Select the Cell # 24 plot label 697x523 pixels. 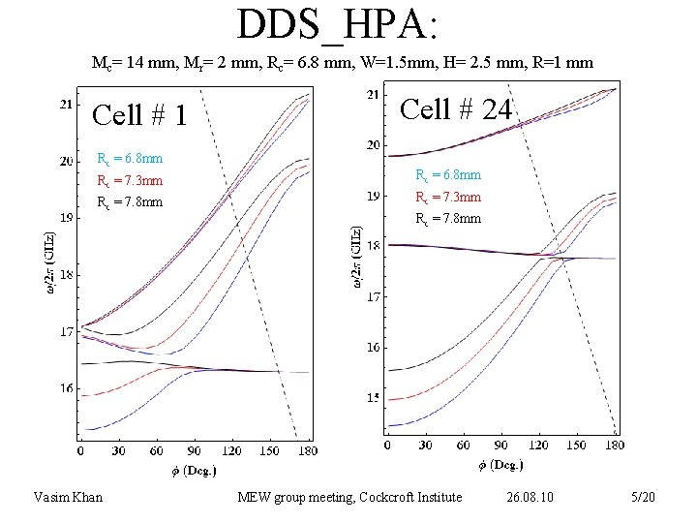(455, 109)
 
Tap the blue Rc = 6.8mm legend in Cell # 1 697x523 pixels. (130, 159)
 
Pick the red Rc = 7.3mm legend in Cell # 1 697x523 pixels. (130, 181)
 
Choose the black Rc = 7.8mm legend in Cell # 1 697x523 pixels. (130, 202)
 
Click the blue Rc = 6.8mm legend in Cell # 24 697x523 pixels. (447, 175)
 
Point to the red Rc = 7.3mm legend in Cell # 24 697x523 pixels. (447, 198)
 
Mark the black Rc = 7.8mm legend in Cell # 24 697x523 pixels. (447, 219)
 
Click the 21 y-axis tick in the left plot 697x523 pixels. (66, 105)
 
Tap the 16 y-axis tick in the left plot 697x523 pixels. (66, 388)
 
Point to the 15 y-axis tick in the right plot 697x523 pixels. (373, 398)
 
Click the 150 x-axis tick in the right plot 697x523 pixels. (575, 446)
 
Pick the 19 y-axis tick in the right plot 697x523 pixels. (373, 196)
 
